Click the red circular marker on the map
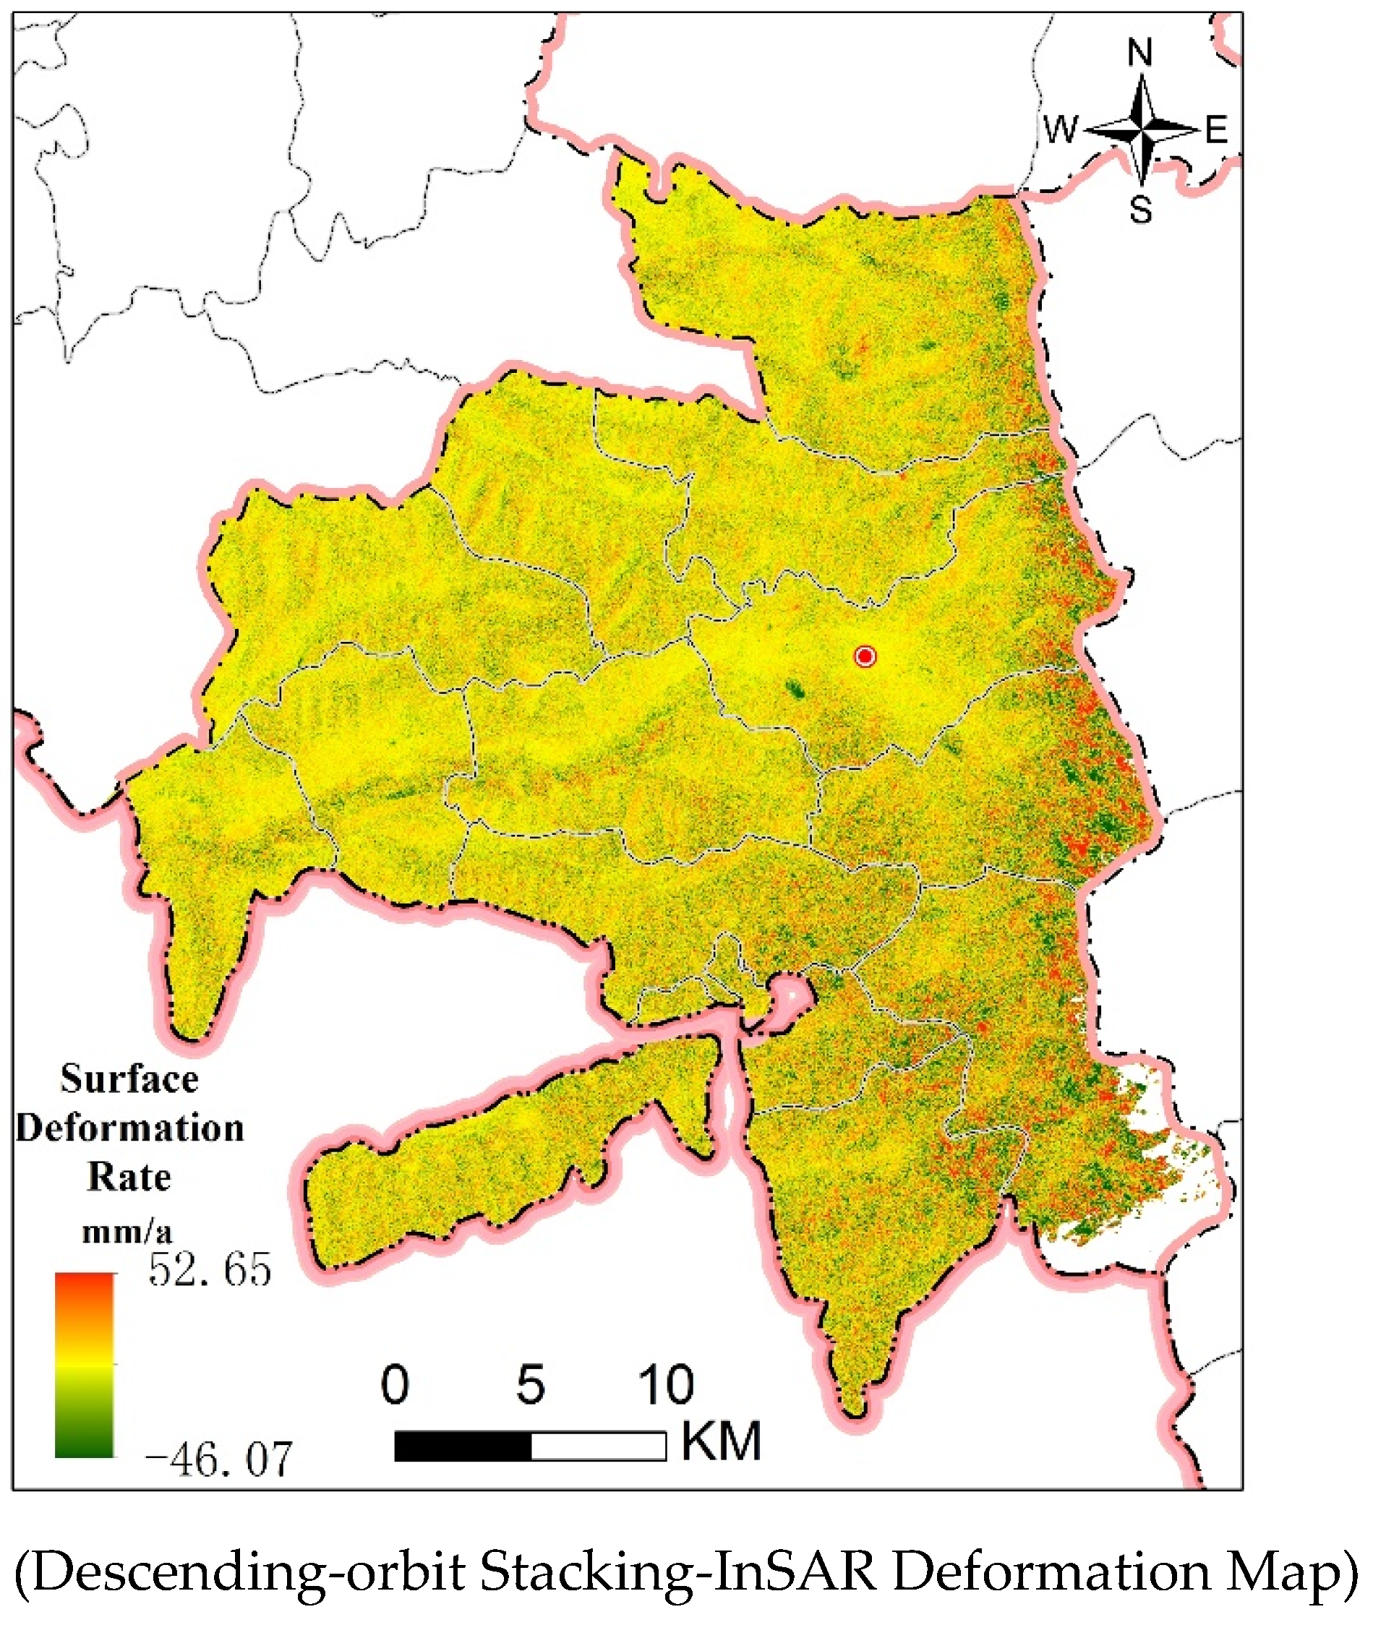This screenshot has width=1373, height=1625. click(865, 656)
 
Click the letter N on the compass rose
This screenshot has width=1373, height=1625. click(1140, 53)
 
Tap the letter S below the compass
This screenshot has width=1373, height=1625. click(1141, 210)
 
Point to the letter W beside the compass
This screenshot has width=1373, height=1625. click(1060, 129)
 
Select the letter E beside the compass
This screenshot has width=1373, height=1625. click(1217, 129)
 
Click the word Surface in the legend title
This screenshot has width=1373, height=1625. click(129, 1079)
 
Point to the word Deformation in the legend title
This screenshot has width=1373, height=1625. click(129, 1128)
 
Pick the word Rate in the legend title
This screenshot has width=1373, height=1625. click(129, 1176)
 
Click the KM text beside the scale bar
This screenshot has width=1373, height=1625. click(721, 1441)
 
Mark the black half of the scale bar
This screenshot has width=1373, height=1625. click(463, 1446)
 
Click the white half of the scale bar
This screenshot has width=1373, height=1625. click(599, 1446)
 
